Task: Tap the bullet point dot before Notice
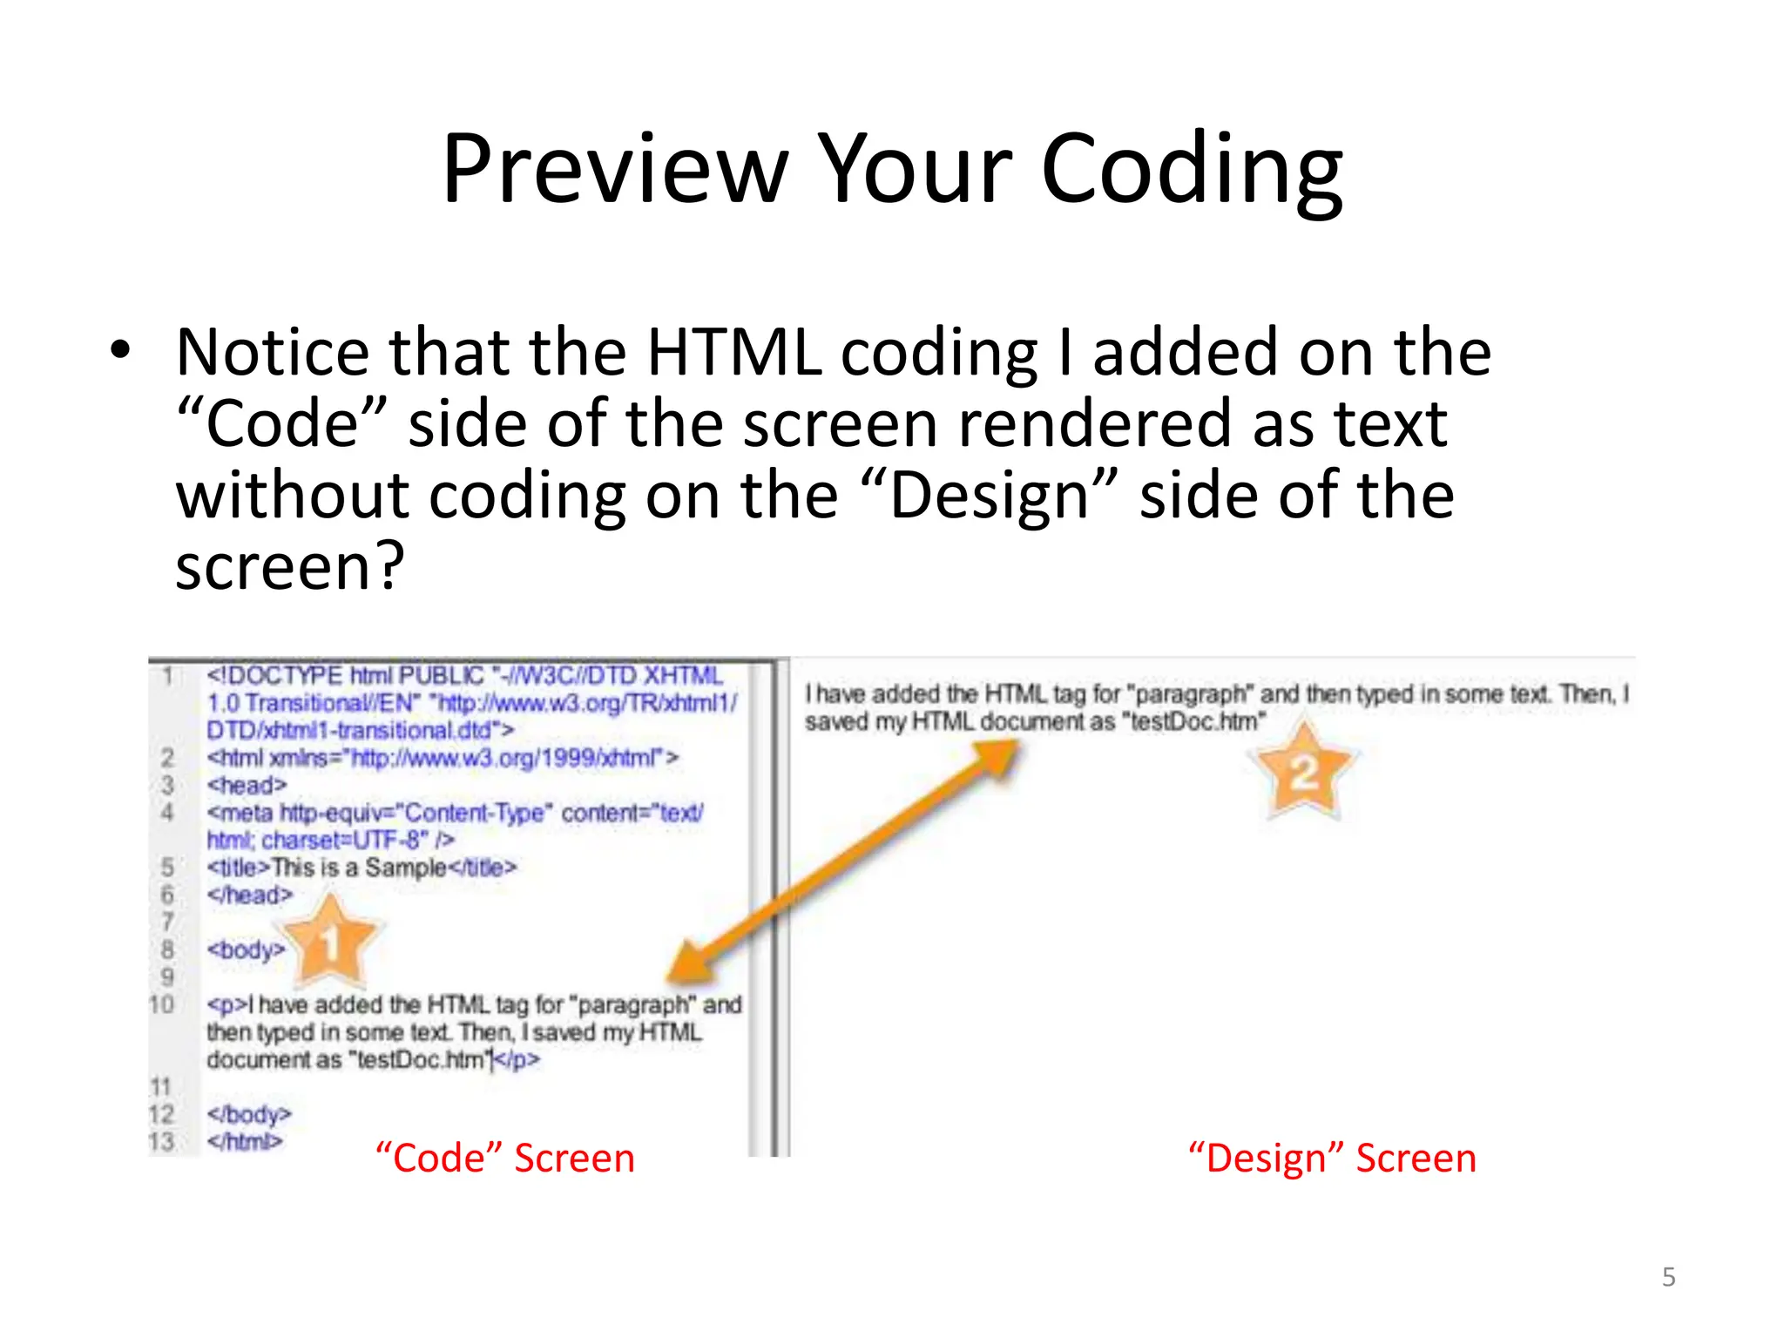[x=120, y=351]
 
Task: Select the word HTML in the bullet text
[x=734, y=352]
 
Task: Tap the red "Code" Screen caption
[x=505, y=1159]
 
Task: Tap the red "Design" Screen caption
[x=1333, y=1159]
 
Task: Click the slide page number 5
[x=1668, y=1277]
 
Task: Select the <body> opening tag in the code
[x=246, y=949]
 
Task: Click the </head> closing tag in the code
[x=249, y=895]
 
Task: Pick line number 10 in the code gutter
[x=162, y=1004]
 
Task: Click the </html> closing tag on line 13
[x=245, y=1141]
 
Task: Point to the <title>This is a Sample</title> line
[x=362, y=868]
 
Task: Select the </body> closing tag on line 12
[x=249, y=1114]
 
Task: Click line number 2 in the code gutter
[x=167, y=758]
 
